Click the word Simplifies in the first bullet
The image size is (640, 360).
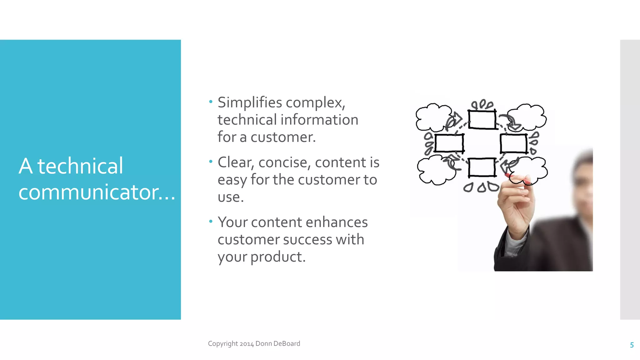tap(250, 102)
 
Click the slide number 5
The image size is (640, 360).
tap(632, 345)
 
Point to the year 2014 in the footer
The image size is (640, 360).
tap(247, 344)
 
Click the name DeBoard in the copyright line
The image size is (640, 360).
tap(287, 343)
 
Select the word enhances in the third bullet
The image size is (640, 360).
tap(337, 222)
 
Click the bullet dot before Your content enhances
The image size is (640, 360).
tap(211, 222)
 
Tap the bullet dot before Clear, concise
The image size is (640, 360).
tap(211, 162)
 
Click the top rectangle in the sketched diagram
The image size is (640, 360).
tap(482, 119)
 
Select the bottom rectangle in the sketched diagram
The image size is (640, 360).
tap(482, 167)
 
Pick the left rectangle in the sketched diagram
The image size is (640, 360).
tap(449, 143)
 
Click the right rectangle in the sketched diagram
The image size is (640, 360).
tap(514, 143)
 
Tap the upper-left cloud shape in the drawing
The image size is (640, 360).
tap(433, 117)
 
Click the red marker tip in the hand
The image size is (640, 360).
tap(508, 175)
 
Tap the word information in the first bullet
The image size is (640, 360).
tap(319, 120)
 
